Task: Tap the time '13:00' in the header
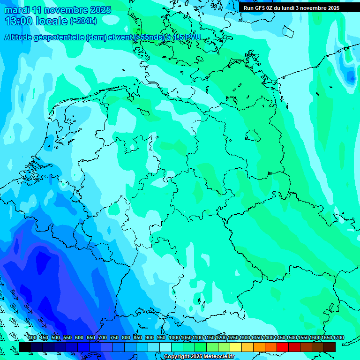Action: tap(19, 21)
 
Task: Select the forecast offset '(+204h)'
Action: tap(83, 21)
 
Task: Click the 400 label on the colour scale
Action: tap(32, 338)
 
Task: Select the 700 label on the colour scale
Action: tap(103, 338)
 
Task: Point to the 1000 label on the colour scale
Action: tap(174, 338)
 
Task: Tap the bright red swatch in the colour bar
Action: tap(283, 347)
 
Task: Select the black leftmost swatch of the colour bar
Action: tap(25, 347)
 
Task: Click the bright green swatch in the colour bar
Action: tap(201, 347)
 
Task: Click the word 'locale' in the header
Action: tap(51, 21)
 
